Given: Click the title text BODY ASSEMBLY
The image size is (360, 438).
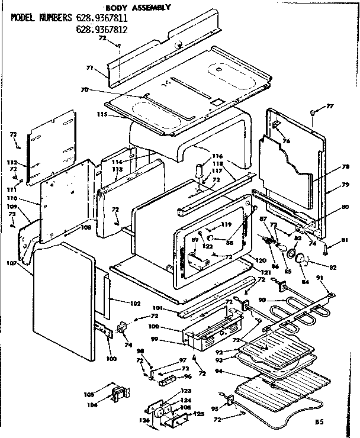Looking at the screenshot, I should tap(138, 8).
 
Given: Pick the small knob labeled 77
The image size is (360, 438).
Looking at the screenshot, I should tap(313, 111).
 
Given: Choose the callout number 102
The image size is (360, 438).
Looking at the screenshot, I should tap(135, 304).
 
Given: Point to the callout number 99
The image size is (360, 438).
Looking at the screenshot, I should tap(171, 340).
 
